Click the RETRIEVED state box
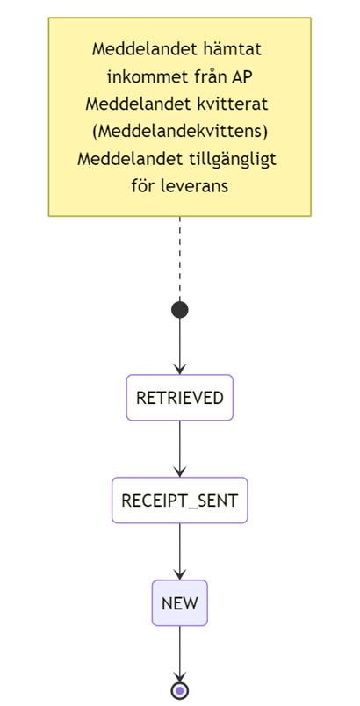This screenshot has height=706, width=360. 179,398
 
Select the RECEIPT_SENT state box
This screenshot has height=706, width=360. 179,501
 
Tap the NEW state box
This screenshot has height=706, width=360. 179,603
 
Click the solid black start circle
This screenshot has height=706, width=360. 179,310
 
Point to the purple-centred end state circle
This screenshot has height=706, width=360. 179,690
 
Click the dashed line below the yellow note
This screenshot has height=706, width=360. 179,259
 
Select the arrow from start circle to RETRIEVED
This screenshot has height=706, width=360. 179,346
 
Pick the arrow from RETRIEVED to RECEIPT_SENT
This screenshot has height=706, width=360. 179,449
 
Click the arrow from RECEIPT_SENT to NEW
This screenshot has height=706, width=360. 179,551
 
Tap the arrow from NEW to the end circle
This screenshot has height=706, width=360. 179,654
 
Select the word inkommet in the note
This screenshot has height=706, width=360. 138,77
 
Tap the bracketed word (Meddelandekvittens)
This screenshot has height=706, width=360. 179,133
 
